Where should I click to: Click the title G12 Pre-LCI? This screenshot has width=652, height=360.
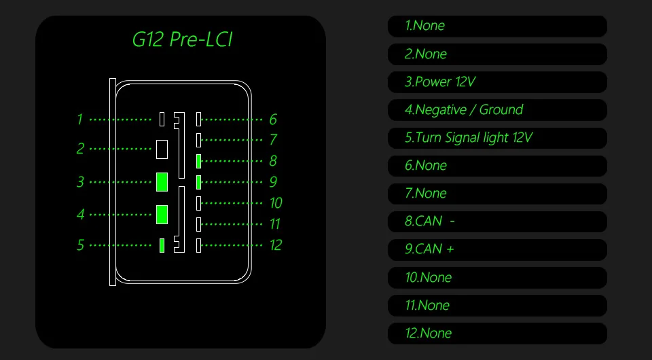point(182,39)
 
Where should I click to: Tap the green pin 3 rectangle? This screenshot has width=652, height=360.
point(162,182)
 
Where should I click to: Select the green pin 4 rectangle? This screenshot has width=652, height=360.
point(162,214)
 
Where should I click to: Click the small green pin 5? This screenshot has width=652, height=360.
point(162,245)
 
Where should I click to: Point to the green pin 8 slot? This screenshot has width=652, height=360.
point(198,161)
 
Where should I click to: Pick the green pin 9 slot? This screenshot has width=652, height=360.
point(198,182)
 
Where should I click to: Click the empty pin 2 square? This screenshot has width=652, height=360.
point(162,149)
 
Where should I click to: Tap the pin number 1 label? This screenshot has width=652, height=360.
point(79,120)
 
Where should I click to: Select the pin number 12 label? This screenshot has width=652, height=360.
point(275,245)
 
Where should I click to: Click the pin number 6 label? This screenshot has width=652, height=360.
point(272,120)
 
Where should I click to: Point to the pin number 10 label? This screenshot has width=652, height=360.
point(275,203)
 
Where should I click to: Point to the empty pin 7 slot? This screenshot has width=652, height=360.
point(198,140)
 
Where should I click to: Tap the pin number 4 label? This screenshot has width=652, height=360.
point(80,215)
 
